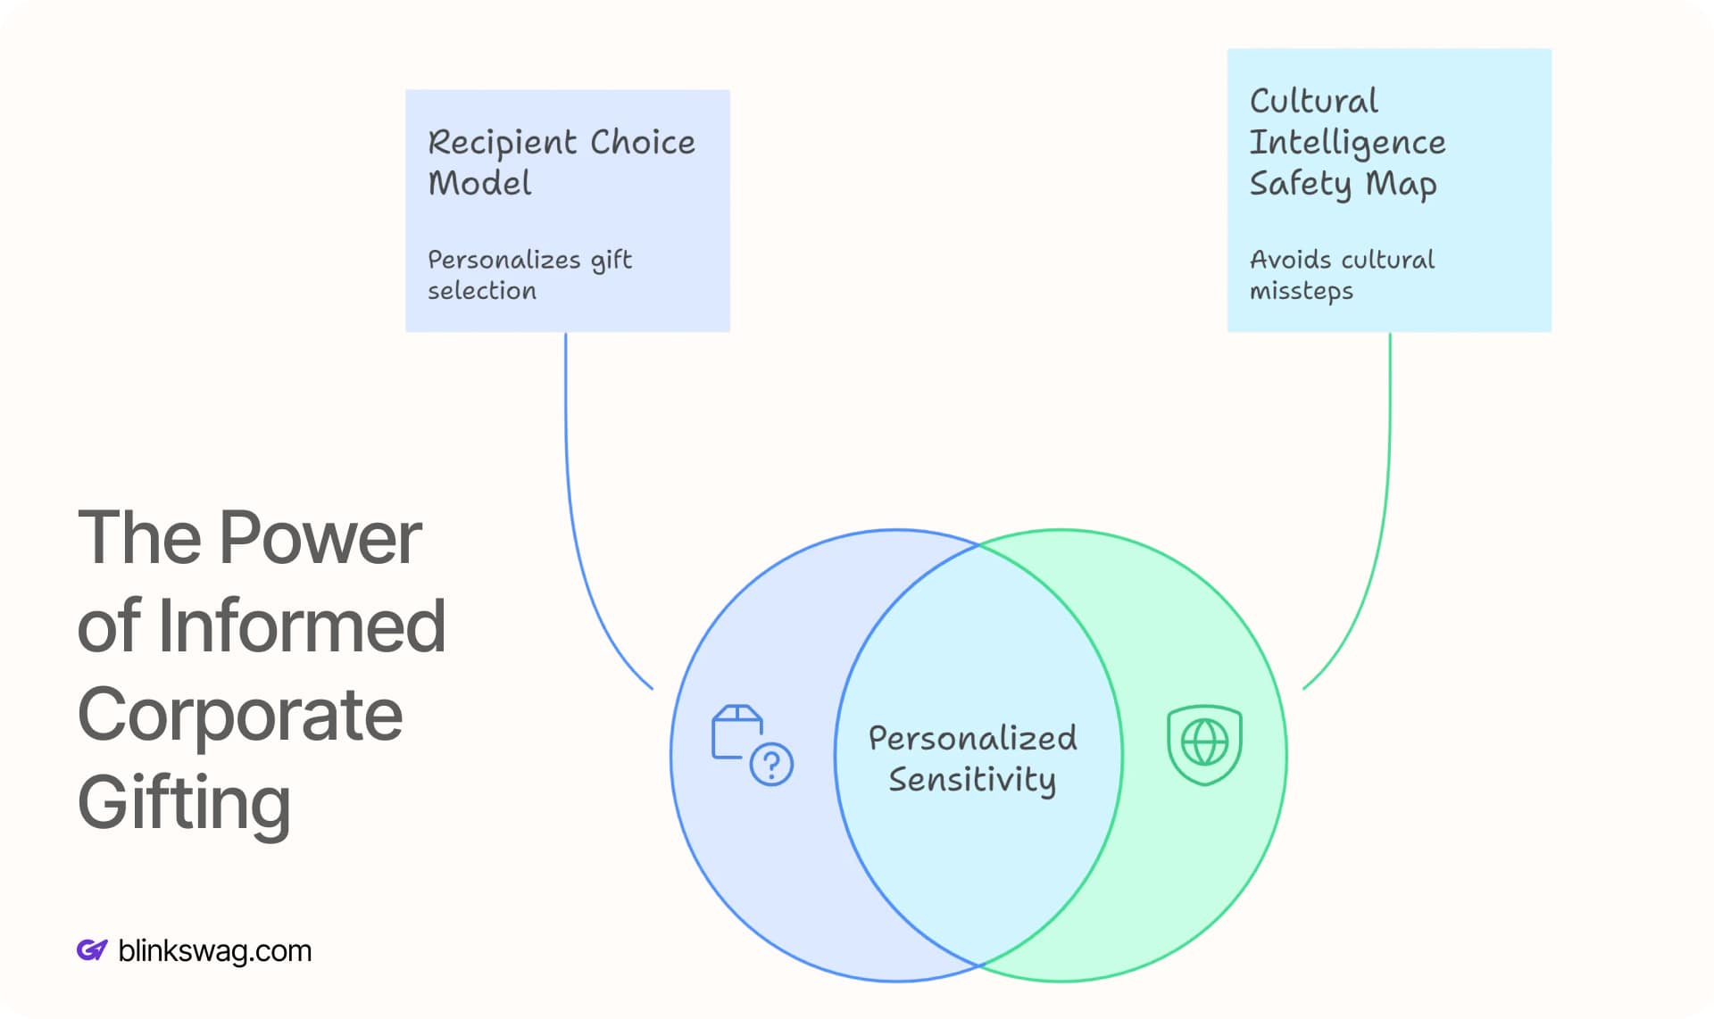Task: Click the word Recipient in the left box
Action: pos(503,143)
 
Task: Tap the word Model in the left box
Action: pos(479,184)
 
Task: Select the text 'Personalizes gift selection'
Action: pos(528,275)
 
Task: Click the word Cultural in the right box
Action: pos(1313,102)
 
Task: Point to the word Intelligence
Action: pos(1346,143)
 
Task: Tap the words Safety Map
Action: pos(1342,184)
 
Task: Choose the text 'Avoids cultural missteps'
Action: pos(1341,275)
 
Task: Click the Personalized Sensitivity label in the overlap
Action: pos(972,758)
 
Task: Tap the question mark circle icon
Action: pos(771,764)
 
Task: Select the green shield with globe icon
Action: pos(1204,744)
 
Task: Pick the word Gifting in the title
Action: pos(184,802)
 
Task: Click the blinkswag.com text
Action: pos(214,951)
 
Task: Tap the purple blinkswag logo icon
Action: pos(91,950)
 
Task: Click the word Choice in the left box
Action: pos(642,143)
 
